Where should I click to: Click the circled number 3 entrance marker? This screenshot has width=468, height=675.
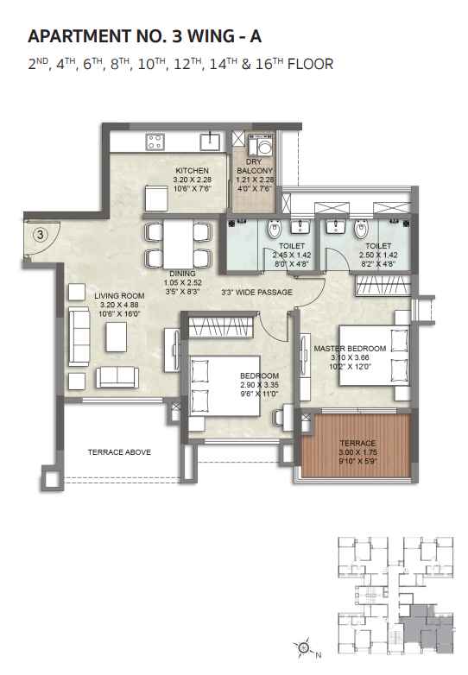[x=39, y=233]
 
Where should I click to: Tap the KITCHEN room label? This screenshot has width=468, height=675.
[x=192, y=170]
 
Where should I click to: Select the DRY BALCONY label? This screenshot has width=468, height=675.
[x=254, y=166]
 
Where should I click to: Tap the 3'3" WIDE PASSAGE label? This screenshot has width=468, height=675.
[x=256, y=293]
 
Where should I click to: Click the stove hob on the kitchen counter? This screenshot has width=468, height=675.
[x=155, y=139]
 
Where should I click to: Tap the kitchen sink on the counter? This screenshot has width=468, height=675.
[x=210, y=139]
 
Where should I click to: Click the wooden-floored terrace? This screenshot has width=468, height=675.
[x=357, y=450]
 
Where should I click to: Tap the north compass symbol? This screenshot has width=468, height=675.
[x=304, y=645]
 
